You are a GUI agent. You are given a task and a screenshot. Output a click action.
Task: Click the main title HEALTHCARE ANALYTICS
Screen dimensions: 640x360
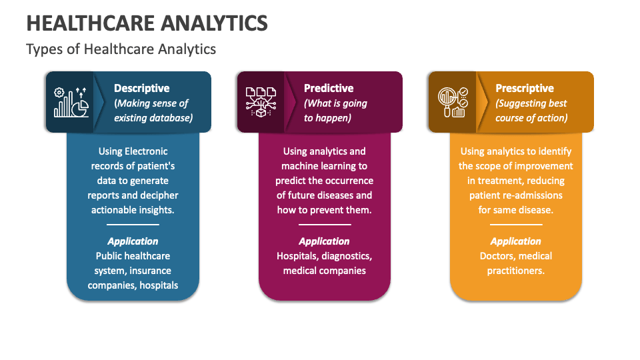click(x=147, y=23)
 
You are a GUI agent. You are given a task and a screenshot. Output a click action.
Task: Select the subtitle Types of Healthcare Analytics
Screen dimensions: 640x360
click(x=121, y=49)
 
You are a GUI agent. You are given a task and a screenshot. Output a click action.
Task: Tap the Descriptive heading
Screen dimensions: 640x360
click(x=141, y=88)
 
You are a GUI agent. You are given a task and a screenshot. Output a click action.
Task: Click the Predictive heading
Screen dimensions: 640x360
click(x=329, y=88)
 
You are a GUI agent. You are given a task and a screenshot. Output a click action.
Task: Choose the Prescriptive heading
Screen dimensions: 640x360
click(x=525, y=89)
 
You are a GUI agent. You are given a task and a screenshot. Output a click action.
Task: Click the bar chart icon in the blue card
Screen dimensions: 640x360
click(x=71, y=103)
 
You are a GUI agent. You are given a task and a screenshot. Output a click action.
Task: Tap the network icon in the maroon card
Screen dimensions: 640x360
click(x=261, y=102)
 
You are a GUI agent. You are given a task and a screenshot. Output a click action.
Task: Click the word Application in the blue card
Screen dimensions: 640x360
click(x=133, y=241)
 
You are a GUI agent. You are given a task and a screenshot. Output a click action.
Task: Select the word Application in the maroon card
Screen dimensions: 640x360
click(x=324, y=241)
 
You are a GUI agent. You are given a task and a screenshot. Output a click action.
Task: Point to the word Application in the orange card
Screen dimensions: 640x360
click(x=515, y=241)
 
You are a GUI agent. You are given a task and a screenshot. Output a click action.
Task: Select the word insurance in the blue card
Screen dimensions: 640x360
click(x=150, y=271)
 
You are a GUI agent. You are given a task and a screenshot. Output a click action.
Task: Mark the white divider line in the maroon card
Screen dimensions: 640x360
click(x=325, y=225)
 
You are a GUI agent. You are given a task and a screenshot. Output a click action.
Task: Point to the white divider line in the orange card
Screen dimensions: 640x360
click(x=516, y=225)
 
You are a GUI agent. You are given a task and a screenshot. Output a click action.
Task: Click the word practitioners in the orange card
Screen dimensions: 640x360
click(x=515, y=271)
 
